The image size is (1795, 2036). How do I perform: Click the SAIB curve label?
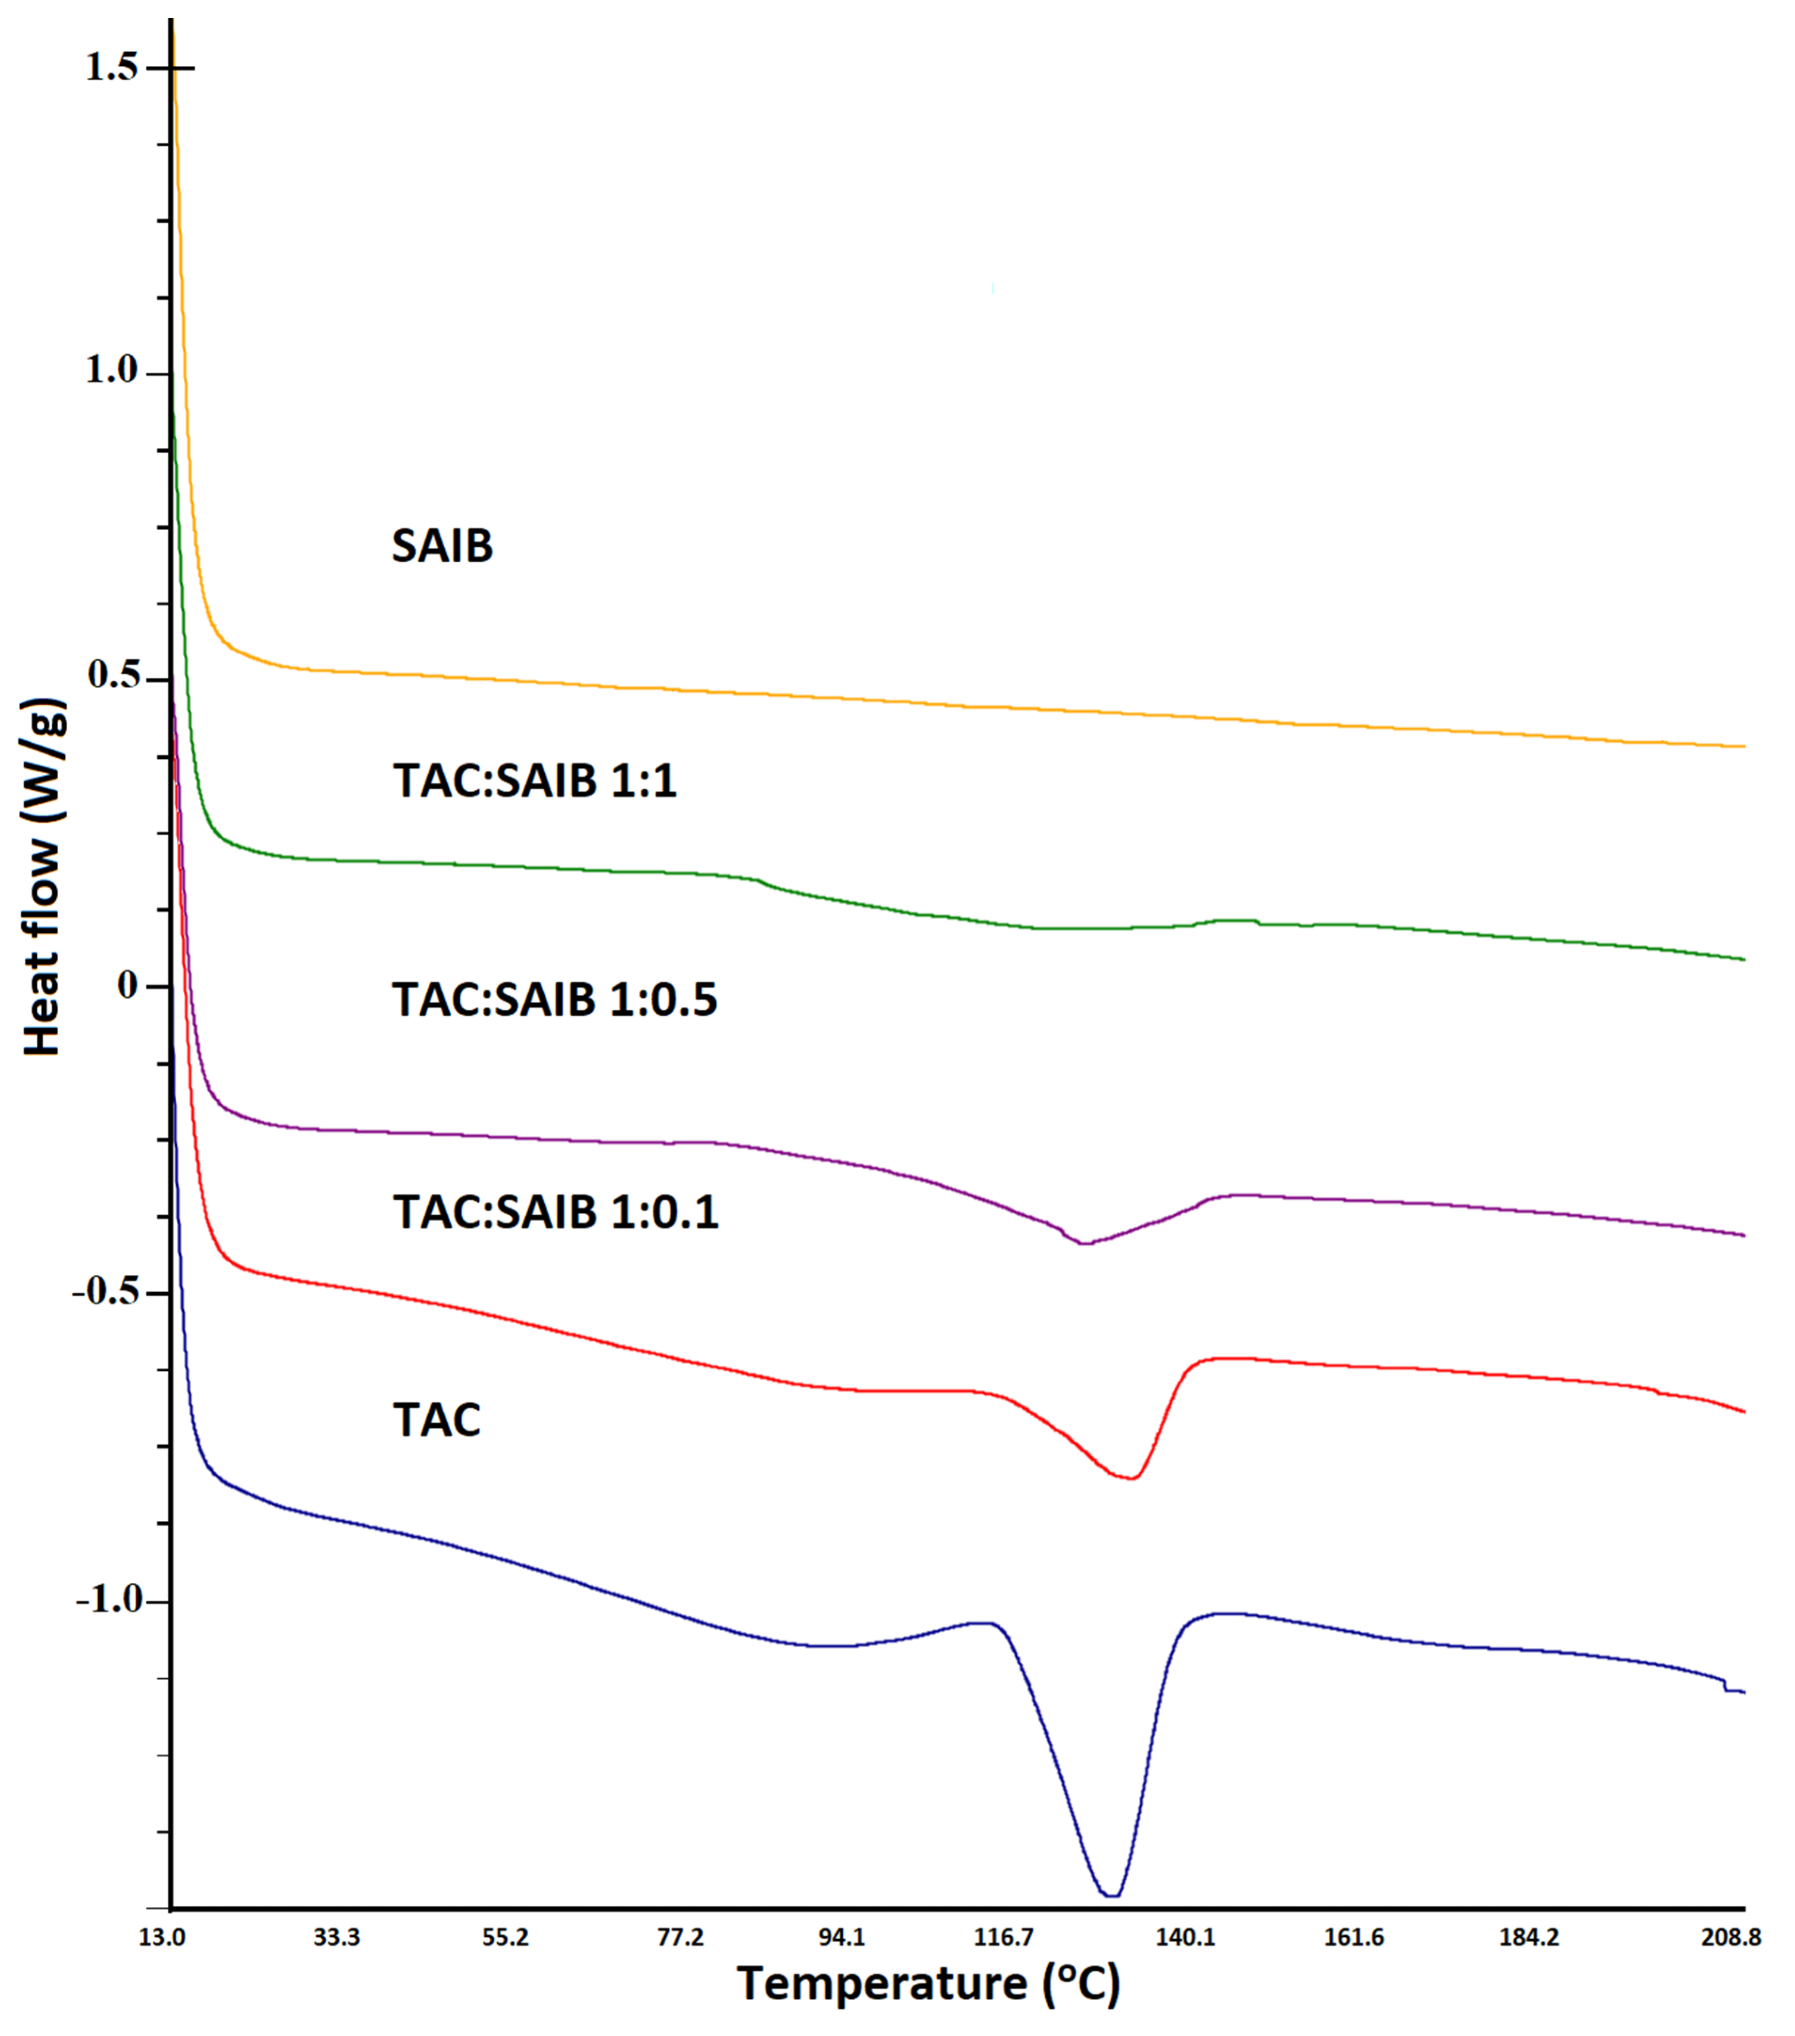tap(442, 546)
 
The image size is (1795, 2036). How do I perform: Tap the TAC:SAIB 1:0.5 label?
tap(555, 999)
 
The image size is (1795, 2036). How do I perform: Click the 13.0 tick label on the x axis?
tap(161, 1937)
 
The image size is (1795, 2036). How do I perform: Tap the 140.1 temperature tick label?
tap(1184, 1937)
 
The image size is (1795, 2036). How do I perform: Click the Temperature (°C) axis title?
tap(928, 1984)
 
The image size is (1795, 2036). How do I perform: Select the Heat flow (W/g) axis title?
tap(44, 877)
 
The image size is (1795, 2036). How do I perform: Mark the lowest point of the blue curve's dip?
tap(1111, 1895)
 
